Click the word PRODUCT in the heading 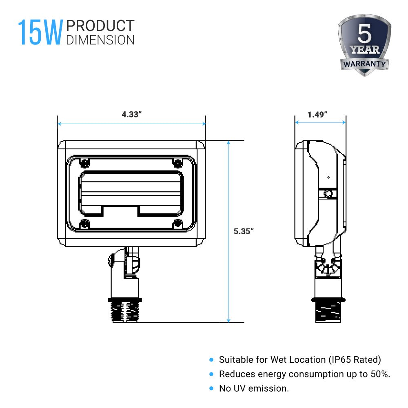pos(100,26)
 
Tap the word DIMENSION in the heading pos(100,40)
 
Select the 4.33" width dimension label pos(131,114)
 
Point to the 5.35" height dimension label pos(244,231)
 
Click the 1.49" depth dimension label pos(318,114)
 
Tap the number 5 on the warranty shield pos(364,35)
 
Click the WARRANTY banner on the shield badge pos(364,64)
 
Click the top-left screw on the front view pos(84,163)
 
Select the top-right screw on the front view pos(177,163)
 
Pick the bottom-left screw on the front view pos(84,223)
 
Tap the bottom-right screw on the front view pos(177,223)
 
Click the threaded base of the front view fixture pos(126,311)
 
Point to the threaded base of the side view pos(328,311)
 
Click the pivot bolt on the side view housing pos(327,193)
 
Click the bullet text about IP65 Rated pos(300,359)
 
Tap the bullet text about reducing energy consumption pos(304,374)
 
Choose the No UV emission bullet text pos(254,388)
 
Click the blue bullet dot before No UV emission pos(211,388)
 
